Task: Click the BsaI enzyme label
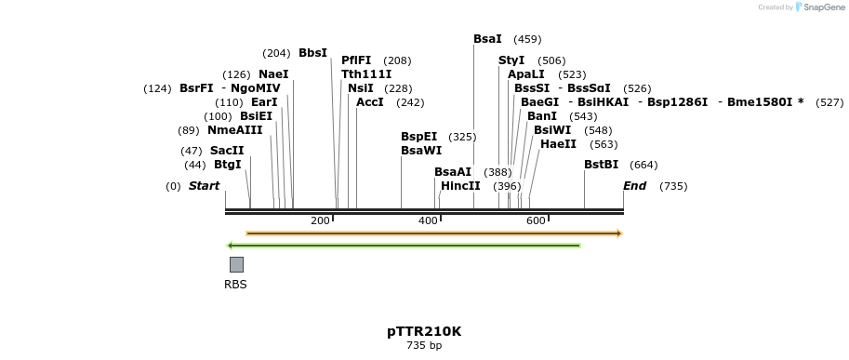coord(487,39)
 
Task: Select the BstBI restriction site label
coord(601,165)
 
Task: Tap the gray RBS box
coord(236,264)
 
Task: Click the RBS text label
coord(235,285)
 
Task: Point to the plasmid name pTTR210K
coord(424,331)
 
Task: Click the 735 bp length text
coord(424,346)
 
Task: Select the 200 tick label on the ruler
coord(320,220)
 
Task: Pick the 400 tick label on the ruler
coord(428,220)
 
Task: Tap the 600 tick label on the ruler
coord(536,220)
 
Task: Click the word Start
coord(204,186)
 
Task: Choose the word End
coord(634,186)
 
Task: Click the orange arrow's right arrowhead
coord(619,233)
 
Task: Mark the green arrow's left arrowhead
coord(230,246)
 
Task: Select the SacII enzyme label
coord(227,150)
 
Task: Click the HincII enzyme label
coord(460,186)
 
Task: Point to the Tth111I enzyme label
coord(366,74)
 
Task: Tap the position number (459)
coord(527,40)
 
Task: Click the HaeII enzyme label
coord(558,144)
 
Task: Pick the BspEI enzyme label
coord(418,137)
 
